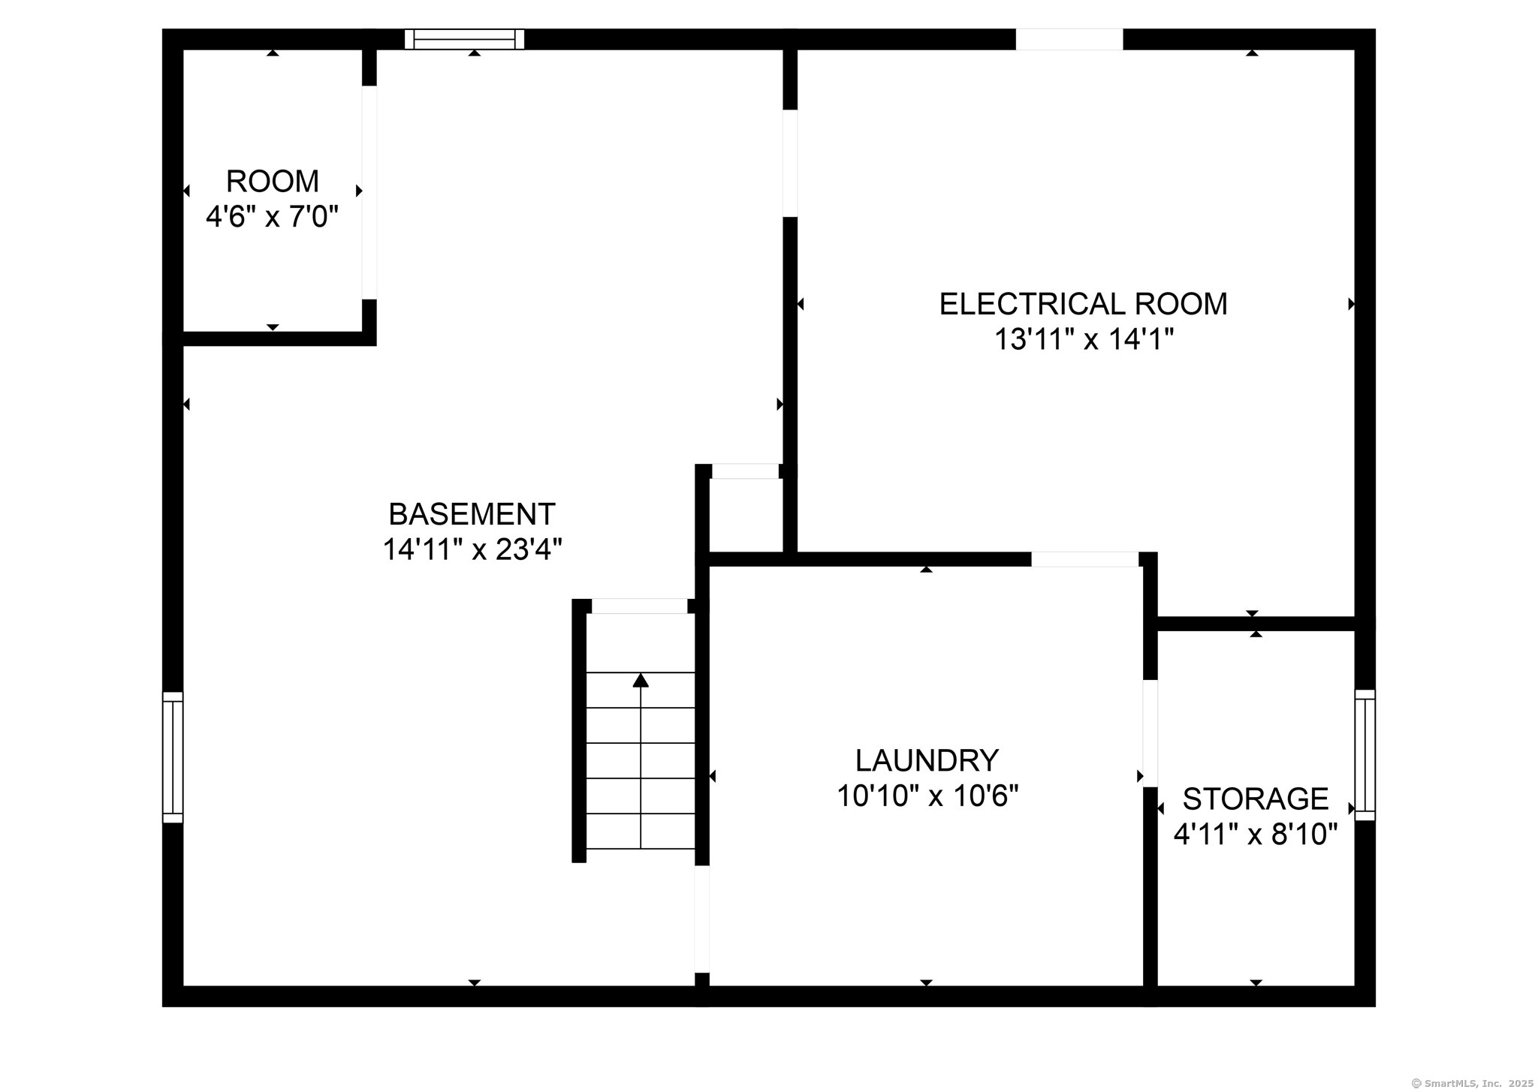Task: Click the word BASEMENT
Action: pos(472,514)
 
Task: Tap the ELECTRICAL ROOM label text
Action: pos(1083,304)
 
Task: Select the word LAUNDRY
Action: pos(927,760)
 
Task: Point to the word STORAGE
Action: pos(1256,799)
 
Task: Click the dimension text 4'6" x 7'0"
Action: pos(272,217)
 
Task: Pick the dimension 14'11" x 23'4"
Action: pos(472,549)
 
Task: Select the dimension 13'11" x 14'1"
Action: pos(1083,339)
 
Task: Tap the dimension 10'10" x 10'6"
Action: pos(927,796)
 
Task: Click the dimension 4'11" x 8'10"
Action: pos(1256,834)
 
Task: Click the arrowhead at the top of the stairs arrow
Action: pos(641,680)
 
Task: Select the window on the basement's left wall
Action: pos(173,757)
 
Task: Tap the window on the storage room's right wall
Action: pos(1365,755)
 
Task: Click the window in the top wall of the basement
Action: pos(464,39)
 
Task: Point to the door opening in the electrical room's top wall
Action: pos(1069,39)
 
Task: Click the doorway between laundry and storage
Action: pos(1150,733)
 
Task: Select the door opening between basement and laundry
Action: pos(701,919)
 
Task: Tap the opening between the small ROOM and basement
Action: pos(369,192)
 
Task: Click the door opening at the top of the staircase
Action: pos(640,606)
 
